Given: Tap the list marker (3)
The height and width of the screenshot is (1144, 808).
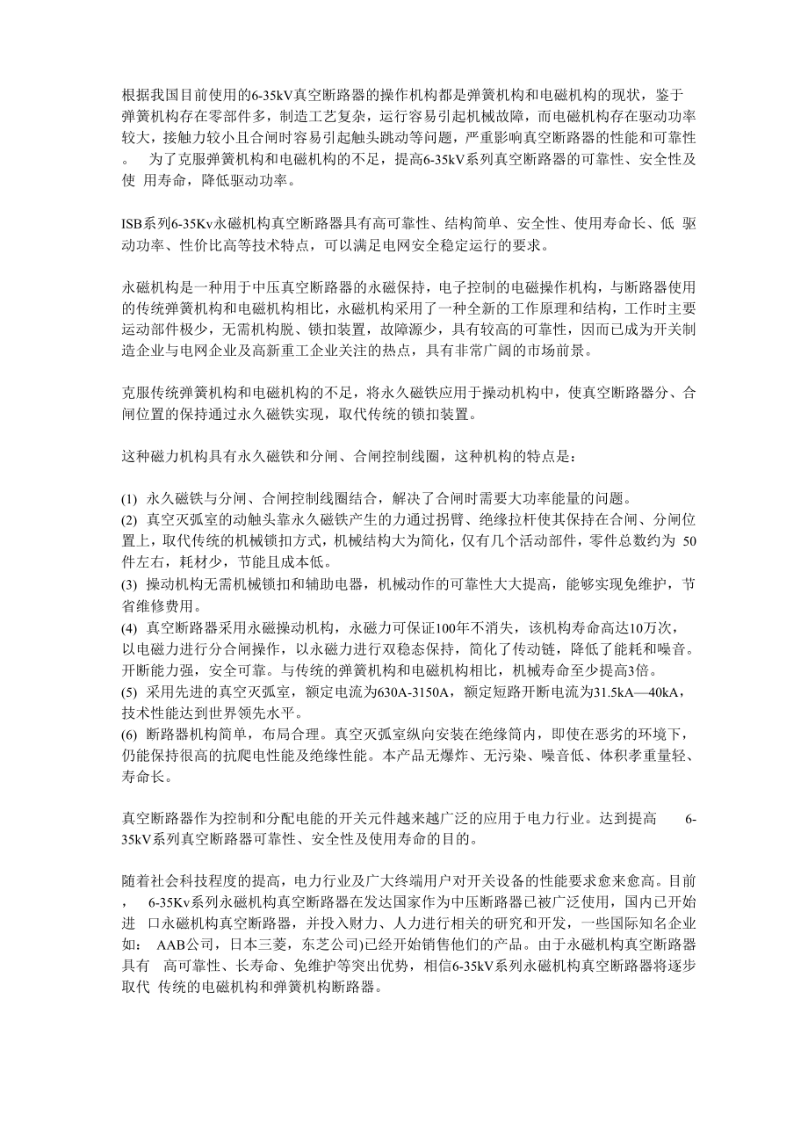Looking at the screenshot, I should click(x=129, y=584).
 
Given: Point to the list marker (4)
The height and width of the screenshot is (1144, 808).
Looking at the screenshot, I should click(x=129, y=627).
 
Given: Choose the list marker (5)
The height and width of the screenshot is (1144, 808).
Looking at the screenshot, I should click(x=129, y=691).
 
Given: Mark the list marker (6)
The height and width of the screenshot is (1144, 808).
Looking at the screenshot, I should click(x=129, y=734).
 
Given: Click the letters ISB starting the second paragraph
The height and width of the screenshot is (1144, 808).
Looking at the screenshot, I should click(x=131, y=222).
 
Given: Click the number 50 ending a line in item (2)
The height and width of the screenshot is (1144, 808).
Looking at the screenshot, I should click(x=689, y=541).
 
